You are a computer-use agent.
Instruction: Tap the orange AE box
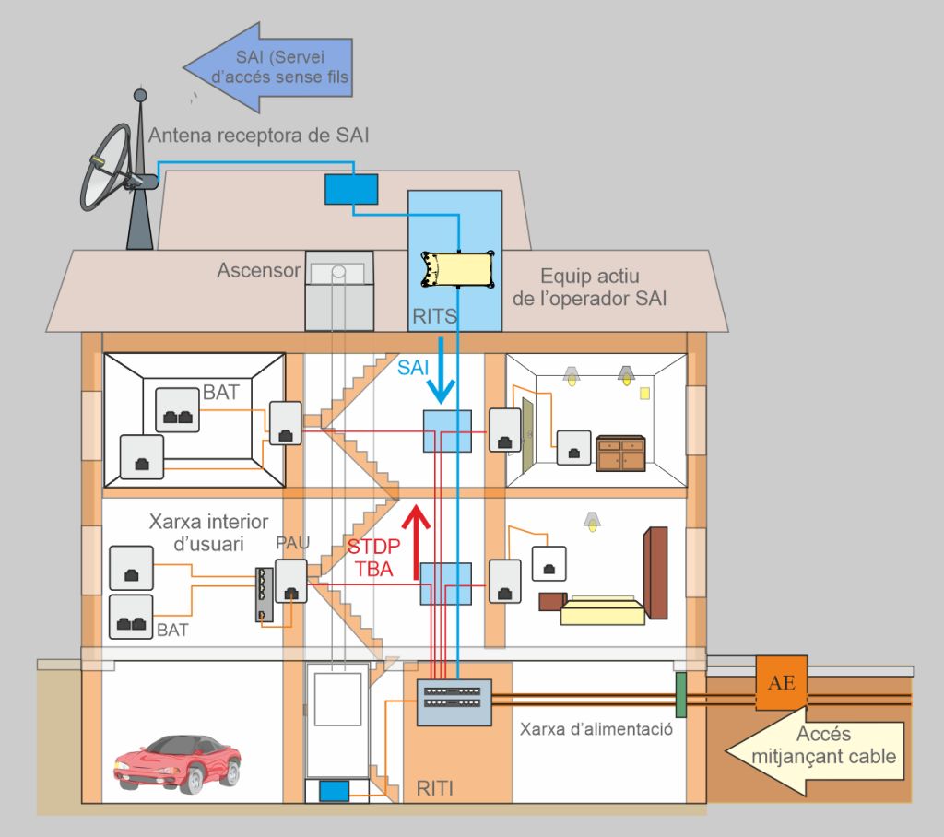(x=782, y=683)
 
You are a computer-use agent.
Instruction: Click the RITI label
(x=435, y=787)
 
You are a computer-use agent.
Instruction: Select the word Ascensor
(x=259, y=271)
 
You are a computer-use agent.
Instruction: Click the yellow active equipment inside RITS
(x=457, y=269)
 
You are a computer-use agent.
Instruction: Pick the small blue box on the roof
(x=350, y=189)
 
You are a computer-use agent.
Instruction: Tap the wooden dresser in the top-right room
(x=620, y=454)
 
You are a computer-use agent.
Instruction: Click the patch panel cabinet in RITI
(x=454, y=702)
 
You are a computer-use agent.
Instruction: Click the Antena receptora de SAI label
(x=259, y=136)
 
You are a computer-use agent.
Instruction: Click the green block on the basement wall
(x=680, y=695)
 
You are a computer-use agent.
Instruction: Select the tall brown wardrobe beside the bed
(x=655, y=572)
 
